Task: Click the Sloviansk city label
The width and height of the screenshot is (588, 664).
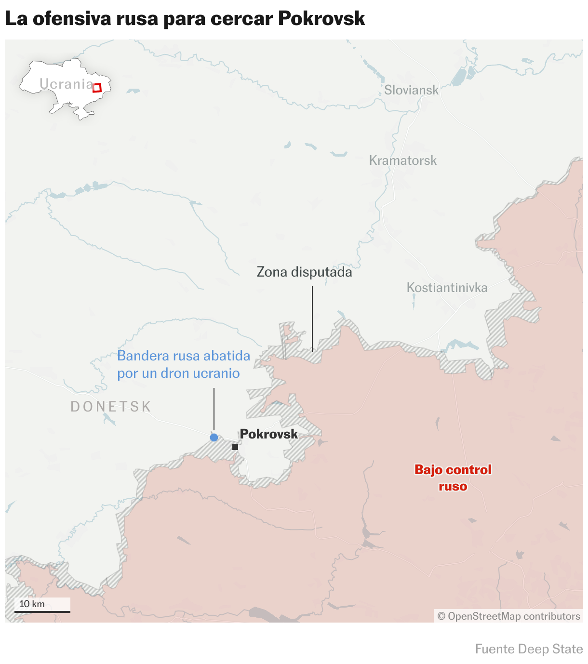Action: click(x=411, y=90)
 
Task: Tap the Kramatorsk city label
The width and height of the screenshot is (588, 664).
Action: click(x=403, y=160)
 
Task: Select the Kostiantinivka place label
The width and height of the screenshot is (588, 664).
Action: click(x=447, y=288)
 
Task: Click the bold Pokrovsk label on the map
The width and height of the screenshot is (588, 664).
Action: click(x=269, y=434)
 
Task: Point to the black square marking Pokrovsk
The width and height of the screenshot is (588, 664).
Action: click(x=235, y=447)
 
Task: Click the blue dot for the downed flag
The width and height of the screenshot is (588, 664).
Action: click(x=214, y=438)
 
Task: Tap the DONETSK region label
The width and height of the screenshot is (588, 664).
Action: click(x=111, y=407)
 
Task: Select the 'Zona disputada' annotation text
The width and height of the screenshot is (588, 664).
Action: click(x=304, y=272)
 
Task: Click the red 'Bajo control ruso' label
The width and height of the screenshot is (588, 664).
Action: click(x=453, y=478)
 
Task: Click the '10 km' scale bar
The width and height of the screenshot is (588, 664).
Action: click(x=42, y=611)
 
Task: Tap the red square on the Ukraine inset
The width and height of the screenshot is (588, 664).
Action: click(x=97, y=88)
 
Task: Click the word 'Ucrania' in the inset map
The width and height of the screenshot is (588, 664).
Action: click(x=66, y=84)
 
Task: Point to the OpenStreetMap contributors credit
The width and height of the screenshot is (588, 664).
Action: click(x=508, y=616)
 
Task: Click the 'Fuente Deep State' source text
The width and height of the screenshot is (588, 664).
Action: click(x=529, y=649)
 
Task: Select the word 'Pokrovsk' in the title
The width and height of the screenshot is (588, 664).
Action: click(x=321, y=19)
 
